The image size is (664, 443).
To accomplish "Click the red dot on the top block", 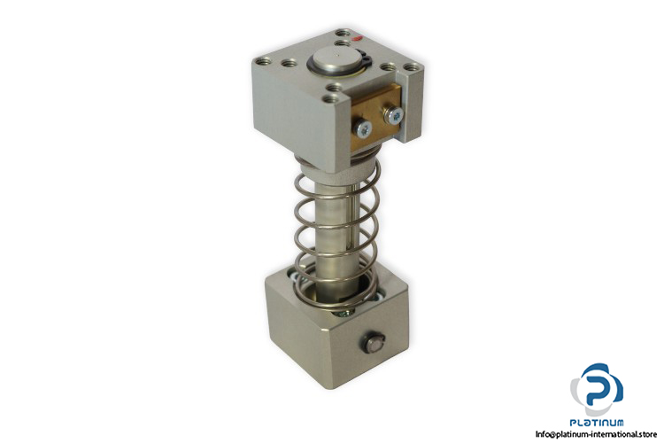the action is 356,39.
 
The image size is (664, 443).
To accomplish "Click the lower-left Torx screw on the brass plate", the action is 364,128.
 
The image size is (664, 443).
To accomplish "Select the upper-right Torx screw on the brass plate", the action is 394,115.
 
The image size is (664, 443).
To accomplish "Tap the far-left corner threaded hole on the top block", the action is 262,61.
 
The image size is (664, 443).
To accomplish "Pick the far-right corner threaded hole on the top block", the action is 413,67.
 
